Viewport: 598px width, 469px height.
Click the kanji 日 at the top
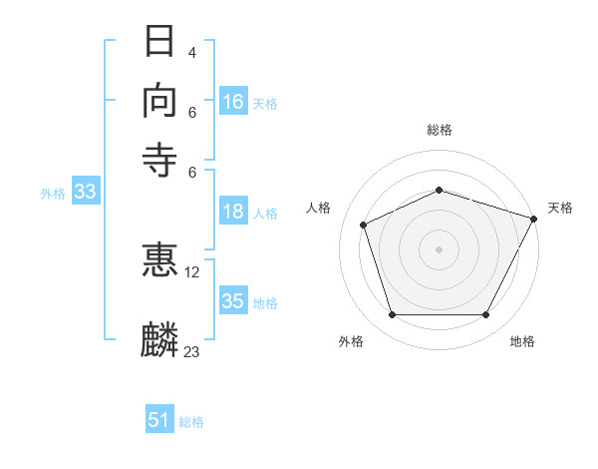click(159, 41)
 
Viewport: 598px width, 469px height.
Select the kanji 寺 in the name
click(159, 160)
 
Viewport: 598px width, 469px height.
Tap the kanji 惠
click(159, 259)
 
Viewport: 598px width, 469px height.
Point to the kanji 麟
click(159, 339)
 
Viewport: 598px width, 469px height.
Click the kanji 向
click(159, 101)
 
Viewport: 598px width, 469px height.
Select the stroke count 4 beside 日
click(191, 52)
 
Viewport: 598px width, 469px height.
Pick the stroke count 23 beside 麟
click(191, 351)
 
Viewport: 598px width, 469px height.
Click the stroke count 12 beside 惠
click(191, 272)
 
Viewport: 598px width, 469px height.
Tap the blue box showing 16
click(233, 101)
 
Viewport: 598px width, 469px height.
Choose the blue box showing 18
click(233, 211)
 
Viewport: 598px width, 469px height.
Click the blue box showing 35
click(233, 299)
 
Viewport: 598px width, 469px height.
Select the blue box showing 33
click(86, 191)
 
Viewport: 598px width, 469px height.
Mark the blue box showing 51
click(159, 418)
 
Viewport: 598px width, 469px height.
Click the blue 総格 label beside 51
click(191, 422)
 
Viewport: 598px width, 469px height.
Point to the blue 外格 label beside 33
click(53, 194)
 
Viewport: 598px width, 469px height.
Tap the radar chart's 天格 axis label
click(560, 208)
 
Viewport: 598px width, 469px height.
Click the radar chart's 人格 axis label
click(318, 208)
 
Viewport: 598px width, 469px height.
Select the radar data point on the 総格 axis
click(439, 190)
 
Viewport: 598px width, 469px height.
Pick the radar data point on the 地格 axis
click(485, 314)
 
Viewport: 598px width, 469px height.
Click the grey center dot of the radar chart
click(439, 249)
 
